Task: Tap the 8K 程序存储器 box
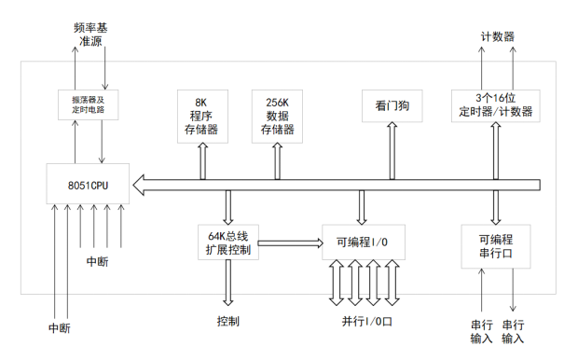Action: click(x=200, y=116)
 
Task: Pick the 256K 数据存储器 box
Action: click(x=277, y=116)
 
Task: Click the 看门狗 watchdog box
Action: click(x=392, y=106)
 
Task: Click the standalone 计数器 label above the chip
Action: click(x=497, y=35)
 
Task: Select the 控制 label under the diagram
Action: click(x=227, y=322)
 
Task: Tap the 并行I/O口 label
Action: click(x=367, y=322)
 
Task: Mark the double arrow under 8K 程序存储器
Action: click(x=201, y=160)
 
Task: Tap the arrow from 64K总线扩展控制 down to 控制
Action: click(x=227, y=288)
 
